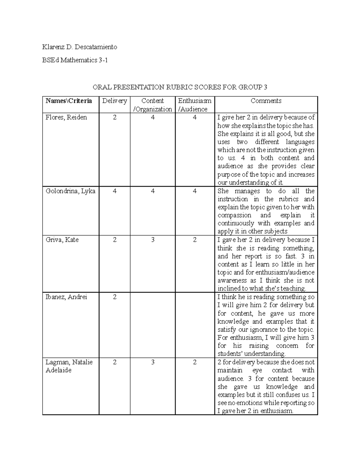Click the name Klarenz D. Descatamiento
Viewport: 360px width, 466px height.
(x=79, y=47)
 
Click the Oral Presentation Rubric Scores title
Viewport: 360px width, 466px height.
(x=180, y=87)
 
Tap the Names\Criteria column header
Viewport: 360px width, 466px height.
(x=69, y=101)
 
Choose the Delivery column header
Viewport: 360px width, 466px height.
(x=115, y=101)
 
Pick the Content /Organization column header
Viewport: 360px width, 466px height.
(x=153, y=105)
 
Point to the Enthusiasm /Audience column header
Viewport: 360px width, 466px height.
(x=195, y=105)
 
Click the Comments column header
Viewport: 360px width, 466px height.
(x=266, y=101)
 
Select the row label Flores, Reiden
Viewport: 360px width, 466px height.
(x=66, y=117)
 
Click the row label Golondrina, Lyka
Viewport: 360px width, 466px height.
(x=70, y=191)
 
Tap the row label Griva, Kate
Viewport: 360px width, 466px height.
(x=62, y=240)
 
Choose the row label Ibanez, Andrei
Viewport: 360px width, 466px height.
(x=66, y=297)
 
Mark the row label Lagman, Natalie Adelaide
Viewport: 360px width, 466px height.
(x=69, y=366)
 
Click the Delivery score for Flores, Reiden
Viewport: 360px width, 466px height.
(x=115, y=117)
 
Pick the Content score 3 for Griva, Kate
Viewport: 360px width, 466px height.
(x=153, y=240)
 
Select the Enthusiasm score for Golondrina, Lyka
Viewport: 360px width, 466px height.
(x=195, y=191)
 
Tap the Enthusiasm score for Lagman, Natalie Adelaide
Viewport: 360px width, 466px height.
(x=195, y=362)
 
